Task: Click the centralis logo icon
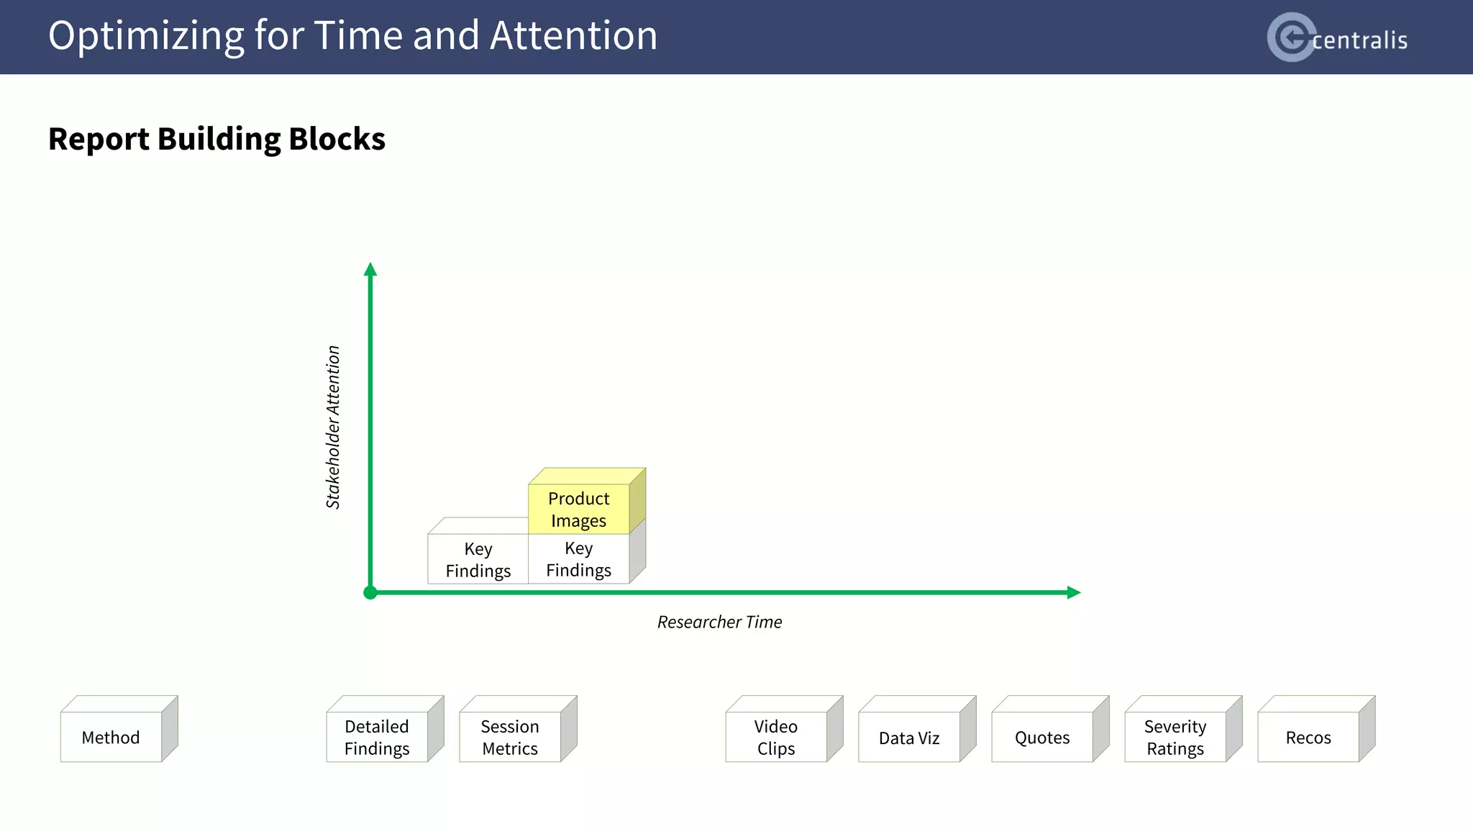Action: click(x=1292, y=37)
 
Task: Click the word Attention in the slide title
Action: click(x=573, y=35)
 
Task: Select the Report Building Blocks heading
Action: click(x=216, y=139)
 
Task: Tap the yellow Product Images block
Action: click(x=579, y=509)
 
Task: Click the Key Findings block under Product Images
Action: click(x=579, y=559)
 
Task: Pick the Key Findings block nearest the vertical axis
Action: click(x=478, y=559)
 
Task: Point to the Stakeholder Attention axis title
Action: click(x=333, y=427)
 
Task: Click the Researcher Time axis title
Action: click(x=719, y=622)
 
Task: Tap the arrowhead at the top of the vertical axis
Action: click(x=370, y=270)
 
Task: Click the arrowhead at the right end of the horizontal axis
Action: click(x=1073, y=592)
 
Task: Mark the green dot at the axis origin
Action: click(x=370, y=592)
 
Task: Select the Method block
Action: click(x=111, y=737)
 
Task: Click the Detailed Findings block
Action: click(x=377, y=737)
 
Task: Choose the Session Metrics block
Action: click(x=510, y=737)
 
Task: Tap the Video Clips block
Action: click(x=776, y=737)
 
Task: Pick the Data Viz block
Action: click(x=909, y=737)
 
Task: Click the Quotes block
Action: click(x=1042, y=737)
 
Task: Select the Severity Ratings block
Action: click(x=1175, y=737)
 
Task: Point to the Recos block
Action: click(x=1308, y=737)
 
